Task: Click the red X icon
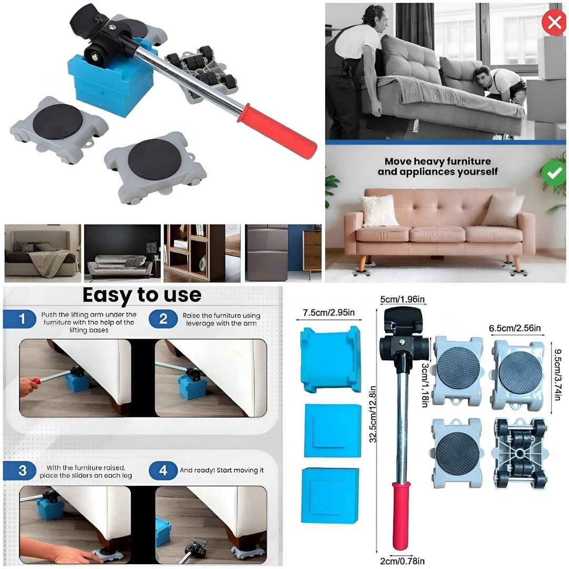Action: click(554, 22)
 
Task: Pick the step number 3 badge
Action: click(22, 470)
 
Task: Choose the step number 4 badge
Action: click(163, 470)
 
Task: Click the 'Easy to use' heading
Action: click(142, 295)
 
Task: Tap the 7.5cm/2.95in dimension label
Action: click(329, 312)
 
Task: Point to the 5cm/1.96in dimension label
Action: click(403, 300)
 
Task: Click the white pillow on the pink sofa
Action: click(379, 210)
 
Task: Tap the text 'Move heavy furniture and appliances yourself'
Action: click(437, 166)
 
